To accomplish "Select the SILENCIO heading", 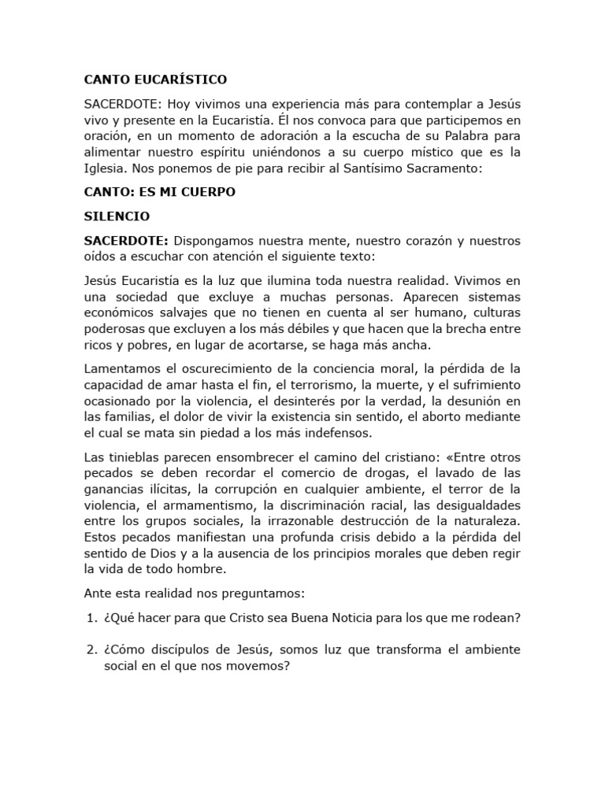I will click(x=117, y=216).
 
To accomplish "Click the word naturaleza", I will click(x=485, y=520).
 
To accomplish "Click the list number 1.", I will click(x=90, y=618).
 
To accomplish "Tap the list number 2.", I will click(x=90, y=649).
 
